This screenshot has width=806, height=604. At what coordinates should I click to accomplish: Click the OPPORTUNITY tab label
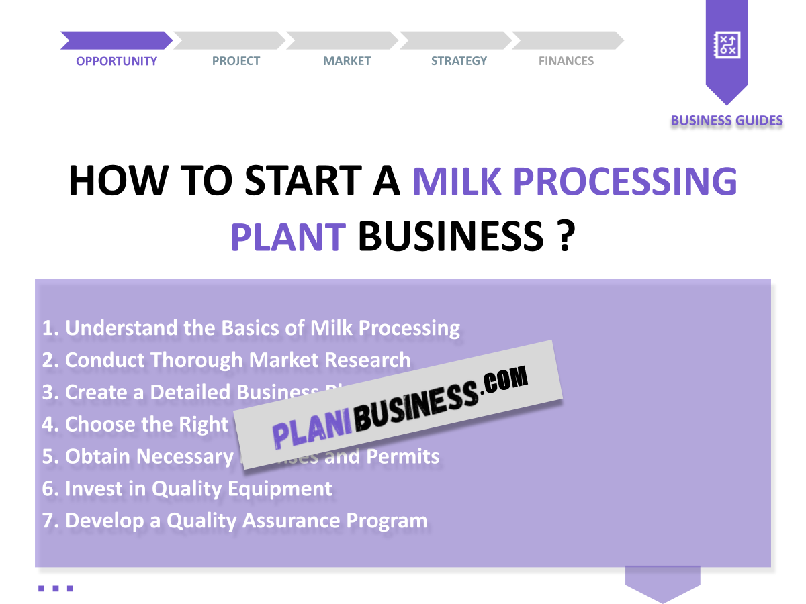coord(116,61)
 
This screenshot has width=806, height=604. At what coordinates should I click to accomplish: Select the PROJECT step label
coord(236,61)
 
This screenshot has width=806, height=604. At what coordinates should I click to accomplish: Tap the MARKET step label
coord(347,61)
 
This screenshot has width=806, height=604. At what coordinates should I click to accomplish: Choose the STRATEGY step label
coord(459,61)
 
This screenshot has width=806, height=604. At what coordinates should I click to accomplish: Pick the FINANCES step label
coord(566,61)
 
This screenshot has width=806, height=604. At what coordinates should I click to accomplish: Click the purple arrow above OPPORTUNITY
coord(116,40)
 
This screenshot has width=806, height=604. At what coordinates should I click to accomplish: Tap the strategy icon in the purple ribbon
coord(726,46)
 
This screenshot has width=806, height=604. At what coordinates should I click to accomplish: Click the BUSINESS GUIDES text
coord(727,121)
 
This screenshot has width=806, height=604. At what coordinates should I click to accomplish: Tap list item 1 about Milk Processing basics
coord(251,328)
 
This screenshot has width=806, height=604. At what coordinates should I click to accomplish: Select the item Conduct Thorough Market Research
coord(226,360)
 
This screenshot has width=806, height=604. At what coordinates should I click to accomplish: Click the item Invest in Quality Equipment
coord(187,489)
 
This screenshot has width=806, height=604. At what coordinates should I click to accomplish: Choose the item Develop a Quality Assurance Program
coord(235,521)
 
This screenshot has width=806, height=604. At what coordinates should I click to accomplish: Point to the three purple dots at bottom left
coord(55,589)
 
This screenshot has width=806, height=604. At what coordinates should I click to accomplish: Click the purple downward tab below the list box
coord(662,582)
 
